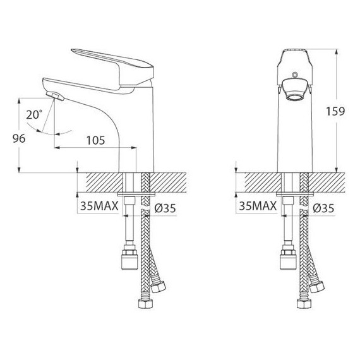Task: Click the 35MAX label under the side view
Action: point(99,207)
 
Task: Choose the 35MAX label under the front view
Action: point(258,207)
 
